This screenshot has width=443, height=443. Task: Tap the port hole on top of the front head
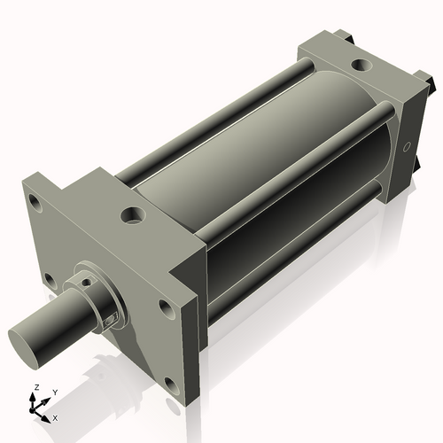pyautogui.click(x=133, y=214)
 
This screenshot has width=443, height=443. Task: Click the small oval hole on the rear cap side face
pyautogui.click(x=408, y=145)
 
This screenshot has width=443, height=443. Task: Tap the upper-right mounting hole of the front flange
pyautogui.click(x=165, y=309)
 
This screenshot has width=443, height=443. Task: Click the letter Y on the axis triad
pyautogui.click(x=54, y=392)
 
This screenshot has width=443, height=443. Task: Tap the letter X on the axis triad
pyautogui.click(x=55, y=416)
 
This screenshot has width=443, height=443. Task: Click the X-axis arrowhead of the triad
pyautogui.click(x=47, y=414)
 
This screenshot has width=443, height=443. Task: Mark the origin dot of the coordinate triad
pyautogui.click(x=35, y=410)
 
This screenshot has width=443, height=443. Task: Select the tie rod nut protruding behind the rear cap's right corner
pyautogui.click(x=431, y=89)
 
